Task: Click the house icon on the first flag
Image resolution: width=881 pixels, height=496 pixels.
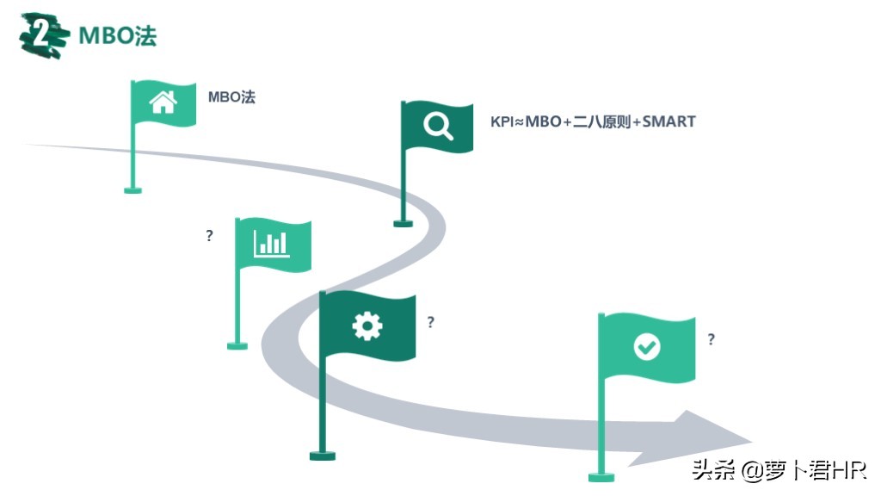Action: [163, 102]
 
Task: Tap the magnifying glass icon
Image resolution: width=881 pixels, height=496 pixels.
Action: [438, 127]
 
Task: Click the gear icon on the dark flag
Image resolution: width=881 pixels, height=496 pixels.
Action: [367, 325]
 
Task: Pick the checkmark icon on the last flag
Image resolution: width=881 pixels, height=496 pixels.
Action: [647, 347]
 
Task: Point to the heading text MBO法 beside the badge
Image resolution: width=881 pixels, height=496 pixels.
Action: [118, 36]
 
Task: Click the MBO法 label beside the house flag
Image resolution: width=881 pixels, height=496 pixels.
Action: [231, 96]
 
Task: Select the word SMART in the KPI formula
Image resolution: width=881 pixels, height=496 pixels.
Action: [668, 121]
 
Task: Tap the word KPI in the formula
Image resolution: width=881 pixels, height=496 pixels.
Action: [502, 121]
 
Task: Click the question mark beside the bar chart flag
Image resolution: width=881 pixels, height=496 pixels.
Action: [209, 235]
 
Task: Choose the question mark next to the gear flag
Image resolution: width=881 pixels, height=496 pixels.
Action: [430, 322]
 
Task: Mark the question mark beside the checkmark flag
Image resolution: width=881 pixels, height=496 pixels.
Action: [711, 339]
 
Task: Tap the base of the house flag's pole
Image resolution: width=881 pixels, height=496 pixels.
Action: [132, 189]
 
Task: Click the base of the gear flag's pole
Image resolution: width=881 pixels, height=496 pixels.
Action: [323, 455]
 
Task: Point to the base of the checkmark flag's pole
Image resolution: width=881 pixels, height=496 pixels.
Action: [601, 476]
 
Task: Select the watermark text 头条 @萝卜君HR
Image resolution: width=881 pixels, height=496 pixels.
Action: [779, 470]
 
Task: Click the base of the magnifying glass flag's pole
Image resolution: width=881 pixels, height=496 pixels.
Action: [403, 223]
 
